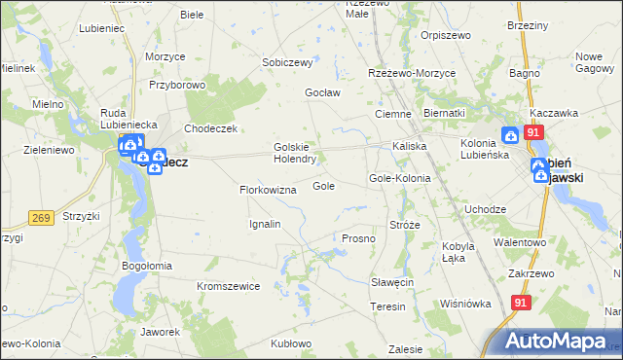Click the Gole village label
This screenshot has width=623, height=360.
pos(324,186)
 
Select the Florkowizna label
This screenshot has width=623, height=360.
pos(268,190)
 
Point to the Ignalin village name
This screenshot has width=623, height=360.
pos(265,224)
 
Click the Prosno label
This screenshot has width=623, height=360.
pos(358,238)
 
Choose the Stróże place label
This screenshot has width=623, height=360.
pos(404,225)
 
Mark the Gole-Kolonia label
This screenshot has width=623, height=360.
pos(399,179)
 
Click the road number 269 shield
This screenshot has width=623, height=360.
pos(41,218)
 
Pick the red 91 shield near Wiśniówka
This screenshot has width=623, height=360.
pos(521,304)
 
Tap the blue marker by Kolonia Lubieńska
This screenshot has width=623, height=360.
pos(511,137)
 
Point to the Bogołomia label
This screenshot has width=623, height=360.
pos(147,265)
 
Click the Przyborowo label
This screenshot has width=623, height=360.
pos(176,85)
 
